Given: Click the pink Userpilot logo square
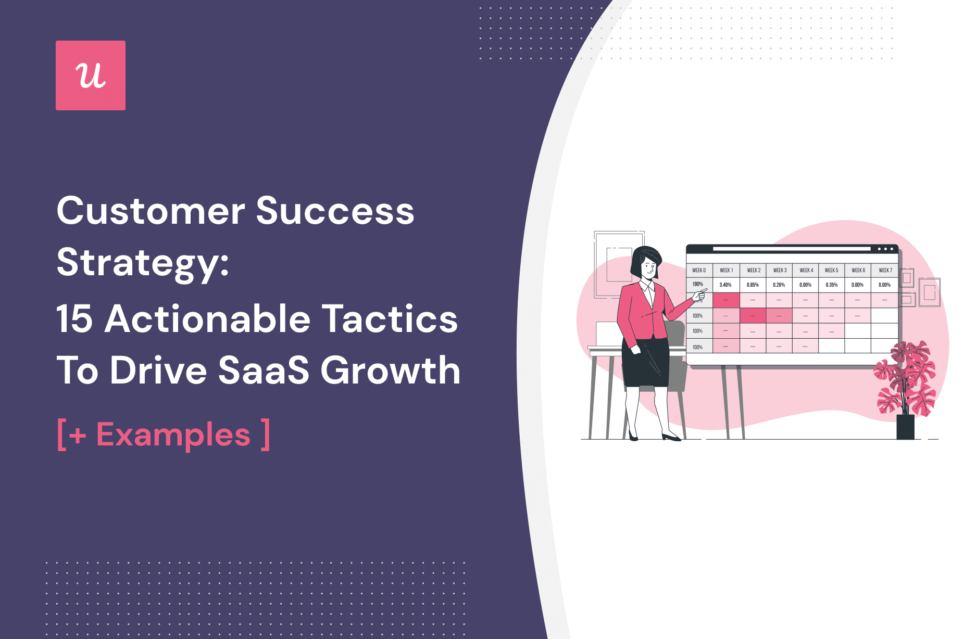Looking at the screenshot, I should (x=91, y=75).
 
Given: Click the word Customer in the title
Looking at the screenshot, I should (x=151, y=211).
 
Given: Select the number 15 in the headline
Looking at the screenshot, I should (x=74, y=318).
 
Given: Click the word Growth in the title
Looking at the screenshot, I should (x=390, y=370).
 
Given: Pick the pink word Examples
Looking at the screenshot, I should (x=173, y=435).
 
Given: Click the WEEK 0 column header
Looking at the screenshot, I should (x=699, y=271).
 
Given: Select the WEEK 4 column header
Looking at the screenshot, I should (x=806, y=271).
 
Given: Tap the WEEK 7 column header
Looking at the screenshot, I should (x=885, y=271).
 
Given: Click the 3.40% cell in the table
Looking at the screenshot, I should (x=725, y=285).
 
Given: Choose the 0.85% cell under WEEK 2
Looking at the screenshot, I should (x=753, y=285).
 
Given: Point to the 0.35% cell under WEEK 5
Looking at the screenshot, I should (x=832, y=285).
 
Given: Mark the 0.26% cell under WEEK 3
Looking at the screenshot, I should (x=779, y=285).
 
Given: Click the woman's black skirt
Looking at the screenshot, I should (x=645, y=362).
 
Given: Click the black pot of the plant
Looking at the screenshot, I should (x=905, y=427).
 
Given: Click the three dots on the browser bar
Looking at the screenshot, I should (x=885, y=249).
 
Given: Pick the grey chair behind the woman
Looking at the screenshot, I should (x=675, y=354).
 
